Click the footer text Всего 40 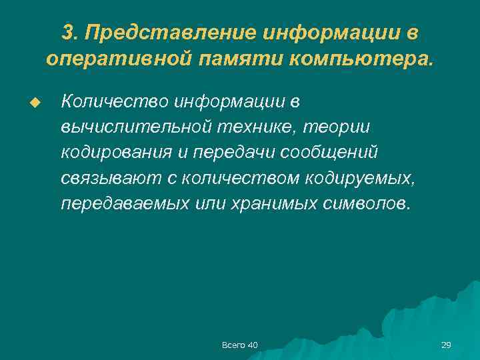(239, 345)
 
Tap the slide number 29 (446, 345)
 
